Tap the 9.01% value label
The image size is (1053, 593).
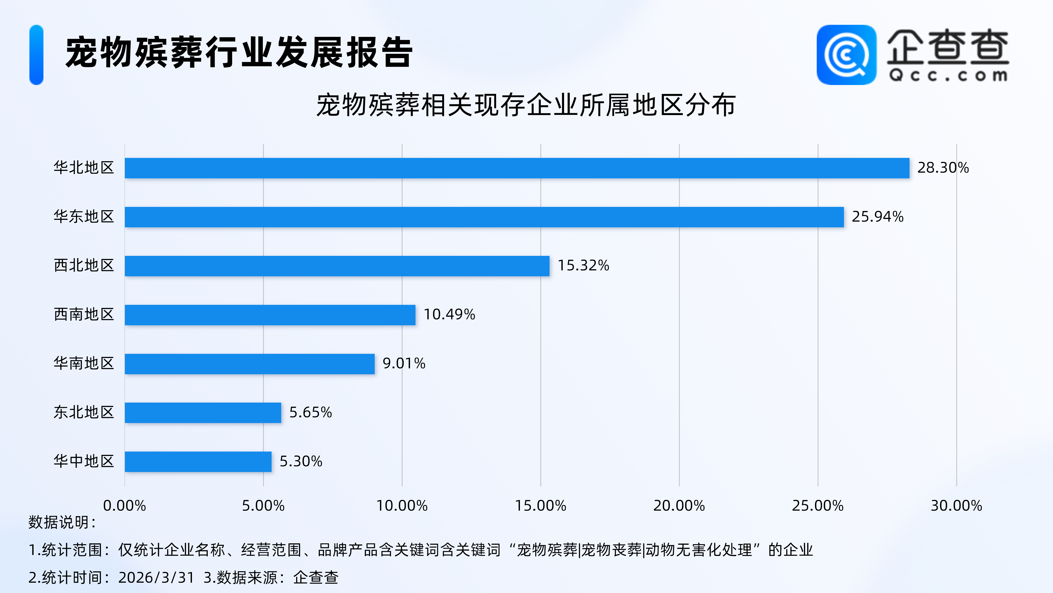[403, 363]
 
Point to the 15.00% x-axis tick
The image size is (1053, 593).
[540, 506]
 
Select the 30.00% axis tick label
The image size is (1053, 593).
[956, 506]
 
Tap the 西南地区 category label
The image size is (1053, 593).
[84, 314]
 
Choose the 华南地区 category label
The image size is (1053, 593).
[84, 363]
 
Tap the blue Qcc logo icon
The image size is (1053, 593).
[846, 55]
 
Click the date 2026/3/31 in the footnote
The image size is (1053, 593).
[156, 577]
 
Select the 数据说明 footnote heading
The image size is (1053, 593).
[62, 522]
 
